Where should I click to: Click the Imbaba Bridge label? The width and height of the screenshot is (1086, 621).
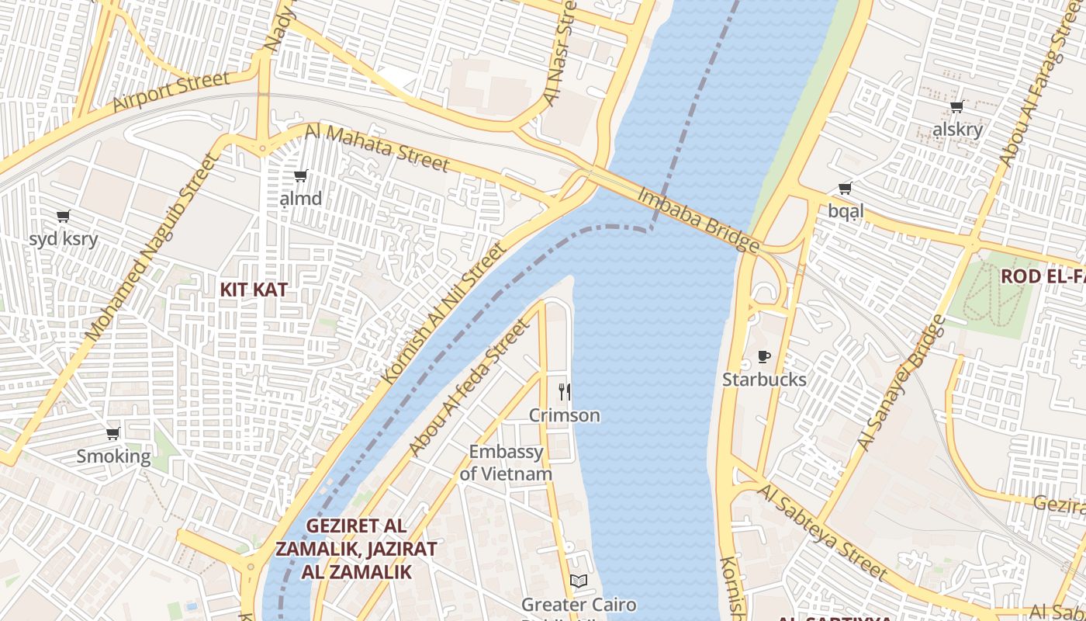(x=697, y=220)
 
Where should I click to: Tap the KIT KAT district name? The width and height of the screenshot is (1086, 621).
(x=254, y=290)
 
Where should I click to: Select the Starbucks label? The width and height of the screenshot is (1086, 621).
(x=764, y=380)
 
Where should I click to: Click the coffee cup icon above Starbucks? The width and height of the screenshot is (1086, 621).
(x=764, y=357)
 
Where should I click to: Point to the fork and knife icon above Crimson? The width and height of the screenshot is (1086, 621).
(x=565, y=392)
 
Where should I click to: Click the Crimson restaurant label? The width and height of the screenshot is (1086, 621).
(x=565, y=415)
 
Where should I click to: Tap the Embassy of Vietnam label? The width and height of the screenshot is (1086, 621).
(x=506, y=463)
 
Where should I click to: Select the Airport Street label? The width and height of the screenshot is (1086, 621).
(x=171, y=91)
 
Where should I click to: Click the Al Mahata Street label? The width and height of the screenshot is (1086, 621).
(x=377, y=147)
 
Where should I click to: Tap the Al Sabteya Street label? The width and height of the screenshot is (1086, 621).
(x=822, y=532)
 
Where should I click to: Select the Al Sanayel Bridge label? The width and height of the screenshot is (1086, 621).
(x=902, y=383)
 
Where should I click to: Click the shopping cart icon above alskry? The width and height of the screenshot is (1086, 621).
(x=957, y=107)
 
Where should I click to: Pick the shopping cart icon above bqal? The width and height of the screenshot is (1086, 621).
(x=845, y=188)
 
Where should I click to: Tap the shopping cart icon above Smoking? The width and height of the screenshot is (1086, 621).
(x=113, y=433)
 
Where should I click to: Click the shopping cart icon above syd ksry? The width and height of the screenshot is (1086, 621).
(x=64, y=216)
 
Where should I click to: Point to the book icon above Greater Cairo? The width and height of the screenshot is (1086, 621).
(x=578, y=581)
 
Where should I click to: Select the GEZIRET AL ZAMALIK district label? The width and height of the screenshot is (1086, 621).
(x=356, y=549)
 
